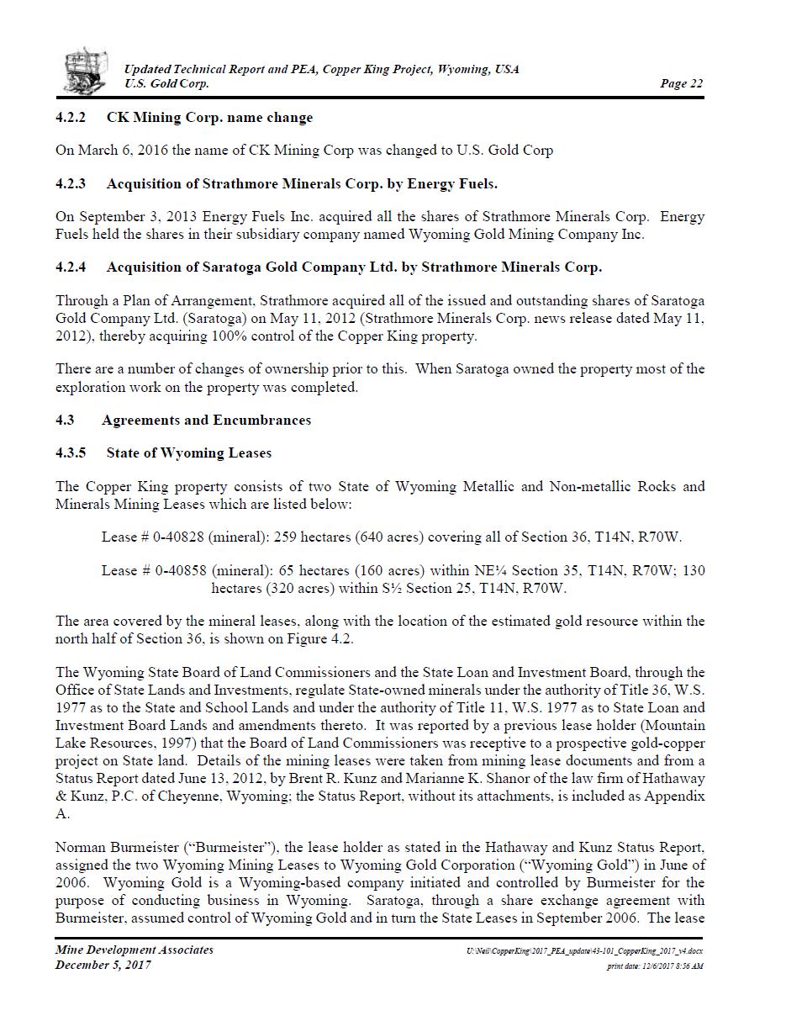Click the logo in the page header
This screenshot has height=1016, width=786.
pos(86,71)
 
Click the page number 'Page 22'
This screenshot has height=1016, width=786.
pos(681,83)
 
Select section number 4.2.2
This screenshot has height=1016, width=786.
pos(71,117)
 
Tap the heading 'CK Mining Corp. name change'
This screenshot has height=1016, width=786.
pos(209,117)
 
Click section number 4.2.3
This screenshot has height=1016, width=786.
pos(71,183)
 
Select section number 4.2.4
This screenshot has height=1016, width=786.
pos(71,267)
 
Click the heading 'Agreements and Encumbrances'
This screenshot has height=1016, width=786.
pos(206,420)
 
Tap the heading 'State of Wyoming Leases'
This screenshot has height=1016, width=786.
pos(188,452)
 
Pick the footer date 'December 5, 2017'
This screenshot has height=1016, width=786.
pos(103,965)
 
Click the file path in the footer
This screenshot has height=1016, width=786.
pos(584,950)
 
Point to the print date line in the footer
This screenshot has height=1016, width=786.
pos(655,966)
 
